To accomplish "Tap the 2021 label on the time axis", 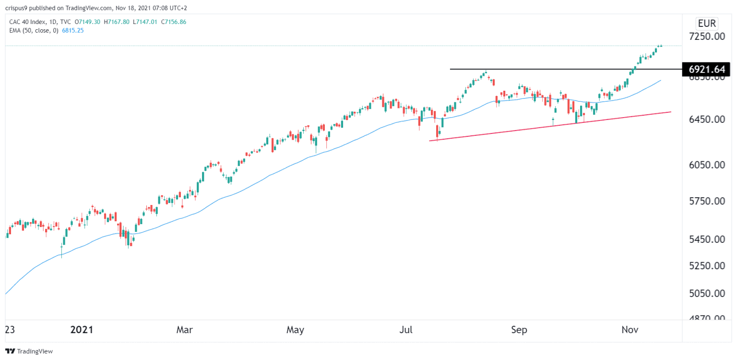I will [x=82, y=330].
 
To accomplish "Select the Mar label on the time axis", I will [x=185, y=330].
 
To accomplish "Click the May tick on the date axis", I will [x=295, y=330].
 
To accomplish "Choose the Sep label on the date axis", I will [x=519, y=330].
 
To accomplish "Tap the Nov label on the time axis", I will [x=630, y=330].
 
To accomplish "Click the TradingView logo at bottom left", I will [x=29, y=351].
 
